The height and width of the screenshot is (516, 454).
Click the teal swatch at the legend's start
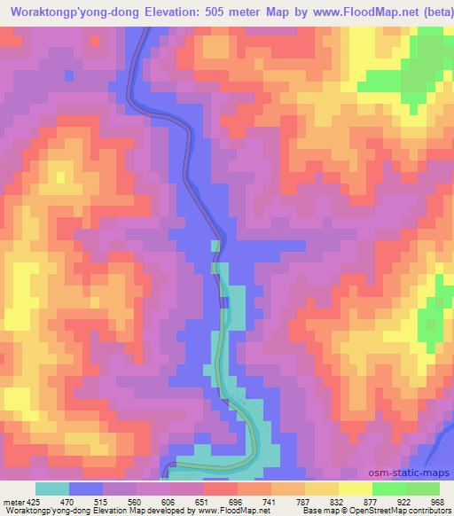(51, 489)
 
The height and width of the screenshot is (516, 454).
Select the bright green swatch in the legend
(388, 489)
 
